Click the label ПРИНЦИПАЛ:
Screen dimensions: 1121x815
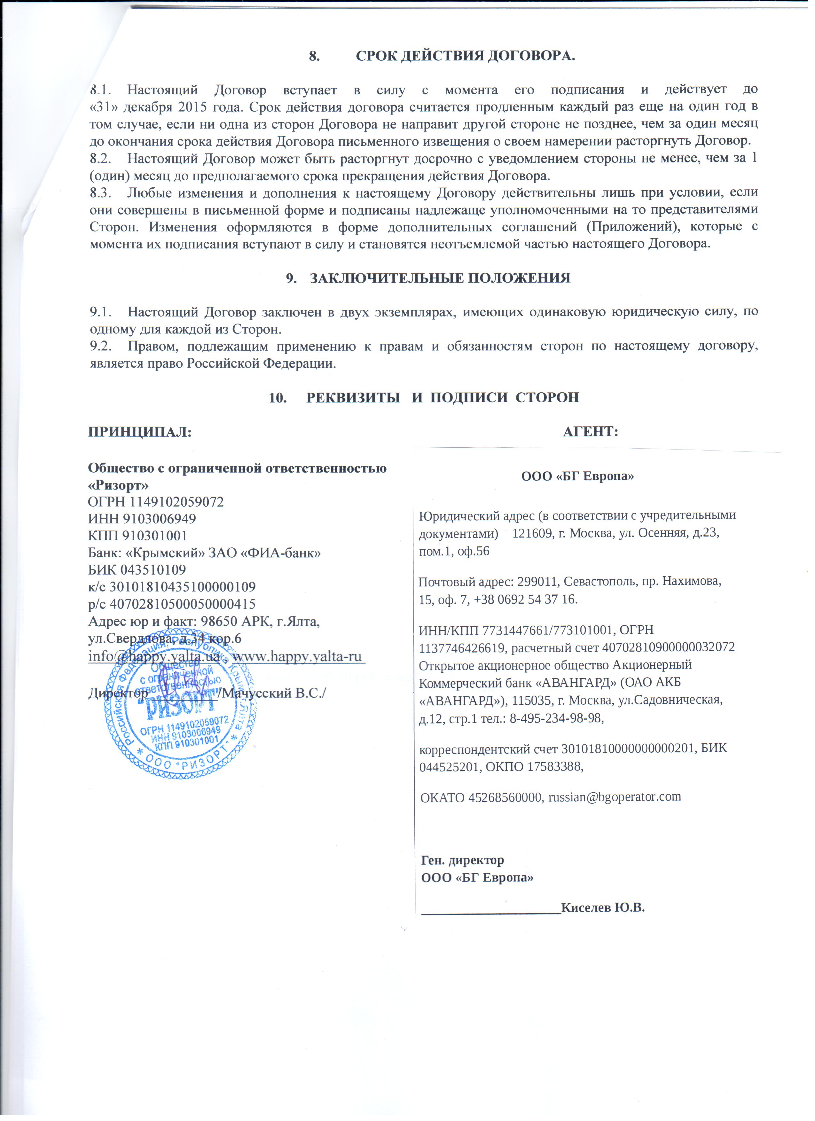pos(139,432)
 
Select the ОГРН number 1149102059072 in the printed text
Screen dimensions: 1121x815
pos(176,502)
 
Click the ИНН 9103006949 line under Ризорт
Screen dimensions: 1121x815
pos(142,519)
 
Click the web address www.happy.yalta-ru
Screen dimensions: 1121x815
pos(298,656)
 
